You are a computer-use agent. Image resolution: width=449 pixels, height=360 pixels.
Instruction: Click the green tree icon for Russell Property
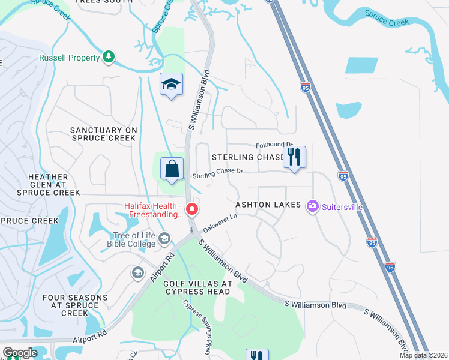(109, 58)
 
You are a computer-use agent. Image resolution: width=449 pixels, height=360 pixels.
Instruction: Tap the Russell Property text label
(69, 58)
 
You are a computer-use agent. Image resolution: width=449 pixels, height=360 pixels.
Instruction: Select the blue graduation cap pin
(171, 85)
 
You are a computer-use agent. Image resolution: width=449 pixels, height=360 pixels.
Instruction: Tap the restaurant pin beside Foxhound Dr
(294, 157)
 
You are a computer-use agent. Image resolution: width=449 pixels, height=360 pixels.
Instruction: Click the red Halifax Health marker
(192, 209)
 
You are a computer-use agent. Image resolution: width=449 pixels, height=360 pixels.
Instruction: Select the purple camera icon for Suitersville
(312, 207)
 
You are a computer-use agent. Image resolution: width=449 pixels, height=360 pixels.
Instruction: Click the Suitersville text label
(342, 208)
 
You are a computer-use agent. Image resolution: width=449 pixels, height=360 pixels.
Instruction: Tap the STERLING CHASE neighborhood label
(247, 157)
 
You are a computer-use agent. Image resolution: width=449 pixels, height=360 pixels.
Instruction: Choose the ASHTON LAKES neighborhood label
(268, 205)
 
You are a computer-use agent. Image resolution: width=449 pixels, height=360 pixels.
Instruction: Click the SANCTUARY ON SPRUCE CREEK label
(104, 134)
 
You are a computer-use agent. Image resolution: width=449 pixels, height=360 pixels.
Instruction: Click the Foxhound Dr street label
(274, 145)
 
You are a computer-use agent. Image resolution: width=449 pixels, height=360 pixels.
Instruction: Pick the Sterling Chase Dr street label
(217, 173)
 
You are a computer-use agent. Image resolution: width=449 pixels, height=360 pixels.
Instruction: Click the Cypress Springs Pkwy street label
(197, 327)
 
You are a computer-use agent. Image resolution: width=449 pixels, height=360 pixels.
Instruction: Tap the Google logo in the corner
(20, 353)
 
